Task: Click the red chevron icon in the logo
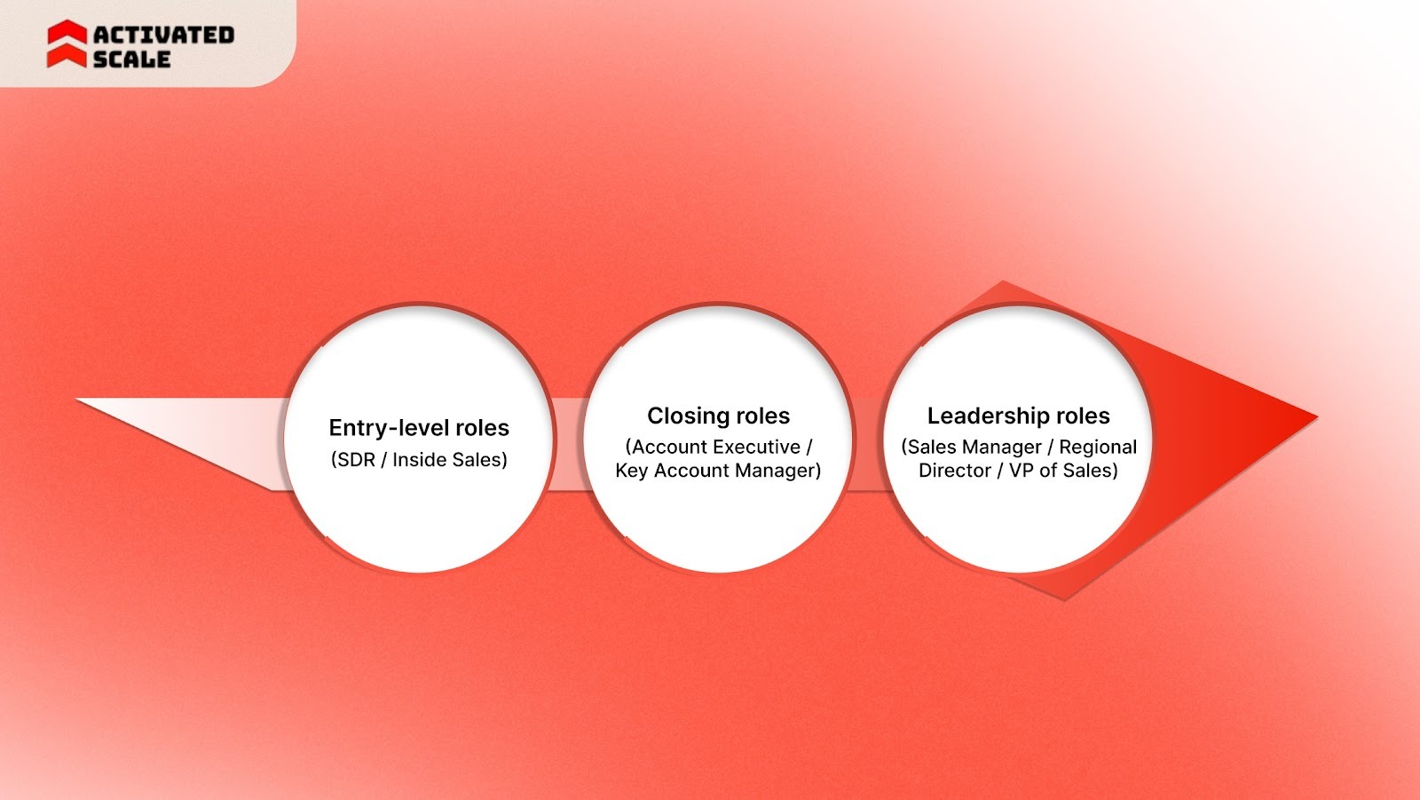click(67, 44)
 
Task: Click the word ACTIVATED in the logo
click(163, 35)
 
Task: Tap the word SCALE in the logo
click(131, 59)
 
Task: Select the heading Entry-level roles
click(419, 428)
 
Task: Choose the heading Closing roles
click(718, 416)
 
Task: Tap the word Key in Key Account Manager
click(631, 471)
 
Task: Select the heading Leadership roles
click(1018, 416)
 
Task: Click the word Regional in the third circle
click(1097, 447)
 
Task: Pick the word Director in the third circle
click(954, 471)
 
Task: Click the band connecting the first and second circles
click(568, 444)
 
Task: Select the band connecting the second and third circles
click(868, 444)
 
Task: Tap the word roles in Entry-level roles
click(481, 428)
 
